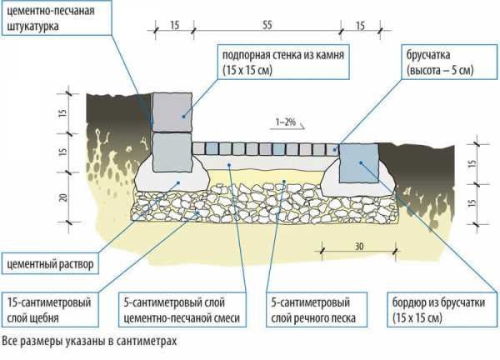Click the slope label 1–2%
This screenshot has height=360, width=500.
tap(284, 122)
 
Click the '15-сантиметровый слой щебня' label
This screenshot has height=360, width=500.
tap(47, 309)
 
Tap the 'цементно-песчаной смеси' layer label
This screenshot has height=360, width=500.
tap(181, 318)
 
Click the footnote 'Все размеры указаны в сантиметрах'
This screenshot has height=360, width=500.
tap(90, 341)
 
